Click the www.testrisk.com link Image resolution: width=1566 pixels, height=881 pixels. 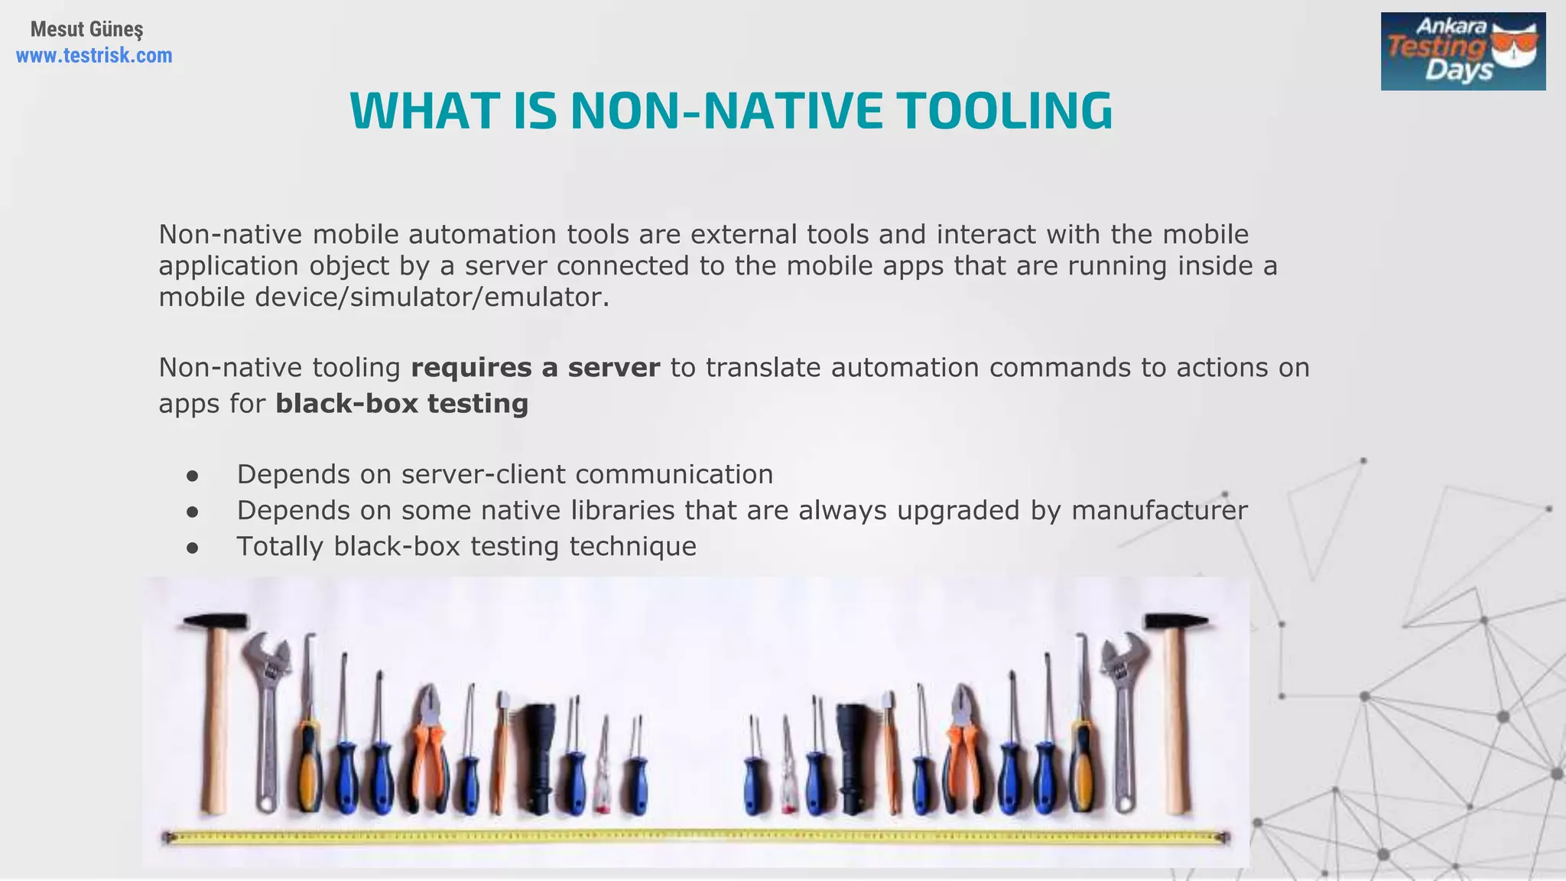pos(94,56)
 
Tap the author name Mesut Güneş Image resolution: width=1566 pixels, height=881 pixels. pos(86,29)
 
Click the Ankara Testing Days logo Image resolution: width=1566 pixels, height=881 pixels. pos(1463,51)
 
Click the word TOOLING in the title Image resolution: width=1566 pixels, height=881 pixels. pos(1005,111)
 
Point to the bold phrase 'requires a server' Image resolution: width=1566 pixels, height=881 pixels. pos(535,368)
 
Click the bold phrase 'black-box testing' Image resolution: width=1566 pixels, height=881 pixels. pos(401,404)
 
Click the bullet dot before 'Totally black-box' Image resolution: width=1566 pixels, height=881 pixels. pos(193,548)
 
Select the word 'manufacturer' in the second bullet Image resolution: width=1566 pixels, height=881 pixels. pos(1159,510)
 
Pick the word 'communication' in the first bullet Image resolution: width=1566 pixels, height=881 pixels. pos(674,474)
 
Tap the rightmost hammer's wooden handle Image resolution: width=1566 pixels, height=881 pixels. pos(1178,727)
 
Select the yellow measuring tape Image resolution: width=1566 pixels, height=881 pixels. pos(696,837)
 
